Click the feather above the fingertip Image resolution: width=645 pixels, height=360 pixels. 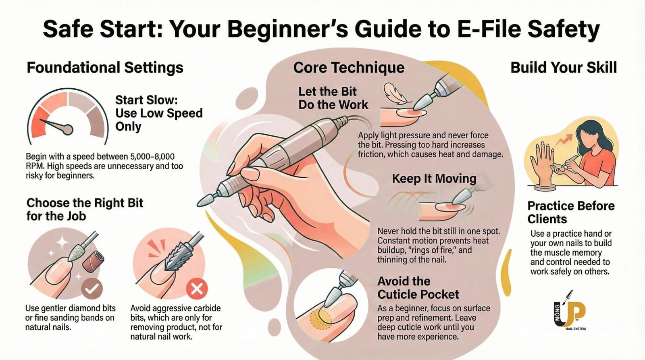pyautogui.click(x=395, y=94)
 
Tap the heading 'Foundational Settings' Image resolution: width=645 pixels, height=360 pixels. pyautogui.click(x=105, y=68)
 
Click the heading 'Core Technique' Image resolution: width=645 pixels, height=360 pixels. pyautogui.click(x=349, y=68)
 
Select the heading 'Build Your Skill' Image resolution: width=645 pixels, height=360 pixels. pyautogui.click(x=564, y=68)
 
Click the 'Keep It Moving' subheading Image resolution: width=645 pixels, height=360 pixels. pyautogui.click(x=434, y=179)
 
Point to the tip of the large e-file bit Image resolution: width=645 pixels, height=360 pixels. pyautogui.click(x=198, y=205)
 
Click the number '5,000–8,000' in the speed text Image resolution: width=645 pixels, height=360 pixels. pyautogui.click(x=152, y=157)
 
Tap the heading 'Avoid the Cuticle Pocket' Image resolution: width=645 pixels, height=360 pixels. pyautogui.click(x=418, y=288)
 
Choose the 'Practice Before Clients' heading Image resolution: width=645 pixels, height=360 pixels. pyautogui.click(x=571, y=212)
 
